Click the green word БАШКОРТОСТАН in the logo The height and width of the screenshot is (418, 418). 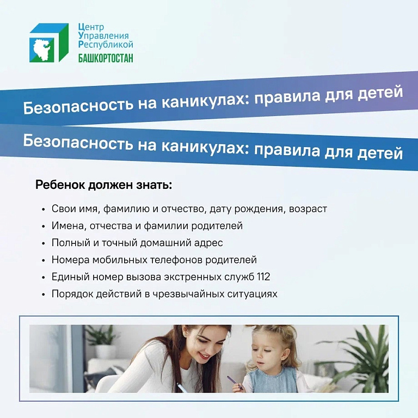pyautogui.click(x=106, y=58)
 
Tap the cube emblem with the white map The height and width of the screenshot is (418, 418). pyautogui.click(x=49, y=42)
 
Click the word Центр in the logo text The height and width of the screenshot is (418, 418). pyautogui.click(x=91, y=27)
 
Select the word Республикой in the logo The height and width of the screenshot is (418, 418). pyautogui.click(x=106, y=44)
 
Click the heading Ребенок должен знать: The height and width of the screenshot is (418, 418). pyautogui.click(x=104, y=185)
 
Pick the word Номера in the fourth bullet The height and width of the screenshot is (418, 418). pyautogui.click(x=70, y=260)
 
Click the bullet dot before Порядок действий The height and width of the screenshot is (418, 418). pyautogui.click(x=44, y=295)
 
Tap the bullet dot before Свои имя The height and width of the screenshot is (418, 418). pyautogui.click(x=44, y=209)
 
